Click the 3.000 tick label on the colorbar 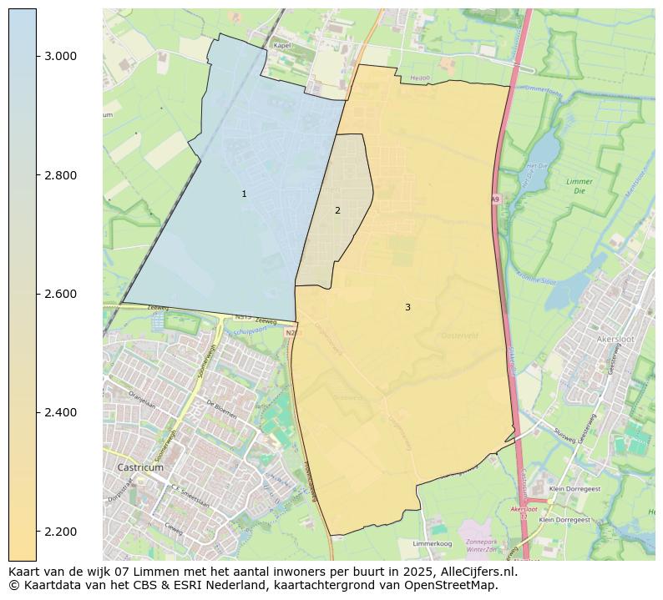click(60, 56)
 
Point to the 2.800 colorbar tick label click(60, 175)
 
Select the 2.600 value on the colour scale click(60, 294)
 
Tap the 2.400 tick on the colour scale click(60, 412)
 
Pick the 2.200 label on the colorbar click(60, 532)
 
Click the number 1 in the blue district click(244, 194)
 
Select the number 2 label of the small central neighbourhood click(337, 210)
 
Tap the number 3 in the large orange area click(407, 307)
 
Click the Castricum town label click(140, 467)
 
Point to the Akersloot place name click(616, 340)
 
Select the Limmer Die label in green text click(579, 186)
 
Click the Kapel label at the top click(282, 44)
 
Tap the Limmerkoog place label click(433, 542)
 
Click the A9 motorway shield click(495, 199)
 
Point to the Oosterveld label click(458, 335)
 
